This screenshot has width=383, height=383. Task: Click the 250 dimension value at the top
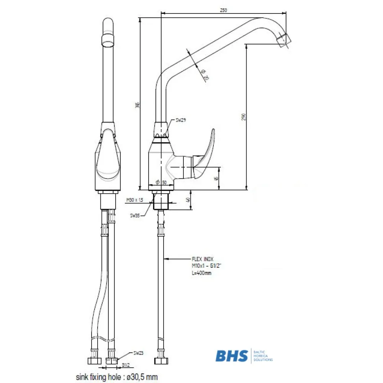[224, 11]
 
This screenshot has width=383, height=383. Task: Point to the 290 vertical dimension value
[243, 117]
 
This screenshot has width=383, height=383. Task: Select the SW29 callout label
[181, 120]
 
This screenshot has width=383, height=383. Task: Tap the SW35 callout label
[134, 216]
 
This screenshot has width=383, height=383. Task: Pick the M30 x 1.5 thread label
[134, 200]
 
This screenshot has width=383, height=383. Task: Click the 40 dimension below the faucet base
[188, 200]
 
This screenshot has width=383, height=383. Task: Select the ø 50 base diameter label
[162, 183]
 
